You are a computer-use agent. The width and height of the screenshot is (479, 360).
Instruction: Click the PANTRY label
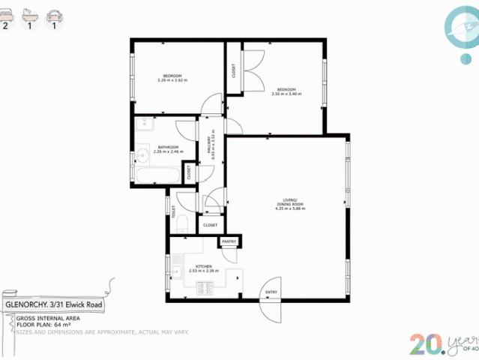pos(229,241)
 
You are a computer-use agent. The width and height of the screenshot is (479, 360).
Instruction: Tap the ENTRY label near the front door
pos(271,292)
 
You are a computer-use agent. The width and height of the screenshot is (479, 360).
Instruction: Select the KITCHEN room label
pos(204,266)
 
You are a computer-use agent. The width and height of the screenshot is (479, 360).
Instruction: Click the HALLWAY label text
pos(209,142)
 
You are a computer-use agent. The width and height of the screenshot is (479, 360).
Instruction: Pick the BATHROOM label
pos(168,147)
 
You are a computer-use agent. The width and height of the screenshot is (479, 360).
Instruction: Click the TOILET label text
pos(173,212)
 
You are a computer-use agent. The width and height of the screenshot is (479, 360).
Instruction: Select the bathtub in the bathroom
pos(158,175)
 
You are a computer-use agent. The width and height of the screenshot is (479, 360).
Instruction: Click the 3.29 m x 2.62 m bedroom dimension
pos(172,80)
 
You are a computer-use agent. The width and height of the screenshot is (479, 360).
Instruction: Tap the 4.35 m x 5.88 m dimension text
pos(289,208)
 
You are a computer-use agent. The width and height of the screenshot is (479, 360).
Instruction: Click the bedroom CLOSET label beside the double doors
pos(234,71)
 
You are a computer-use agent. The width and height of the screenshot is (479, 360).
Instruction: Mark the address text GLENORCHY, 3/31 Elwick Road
pos(54,305)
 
